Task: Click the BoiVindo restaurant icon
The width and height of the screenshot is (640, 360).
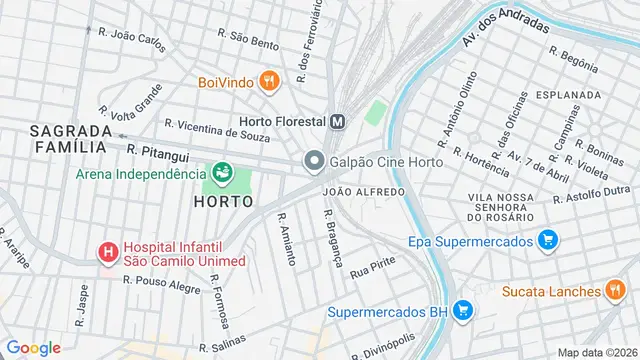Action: tap(267, 81)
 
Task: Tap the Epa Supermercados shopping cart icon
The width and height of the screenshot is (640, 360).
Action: tap(547, 240)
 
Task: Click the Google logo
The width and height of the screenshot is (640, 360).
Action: tap(33, 347)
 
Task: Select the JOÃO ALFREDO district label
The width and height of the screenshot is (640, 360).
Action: tap(364, 191)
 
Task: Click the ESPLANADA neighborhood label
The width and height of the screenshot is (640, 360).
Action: tap(567, 94)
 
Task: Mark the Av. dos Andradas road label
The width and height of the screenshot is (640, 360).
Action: tap(506, 31)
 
